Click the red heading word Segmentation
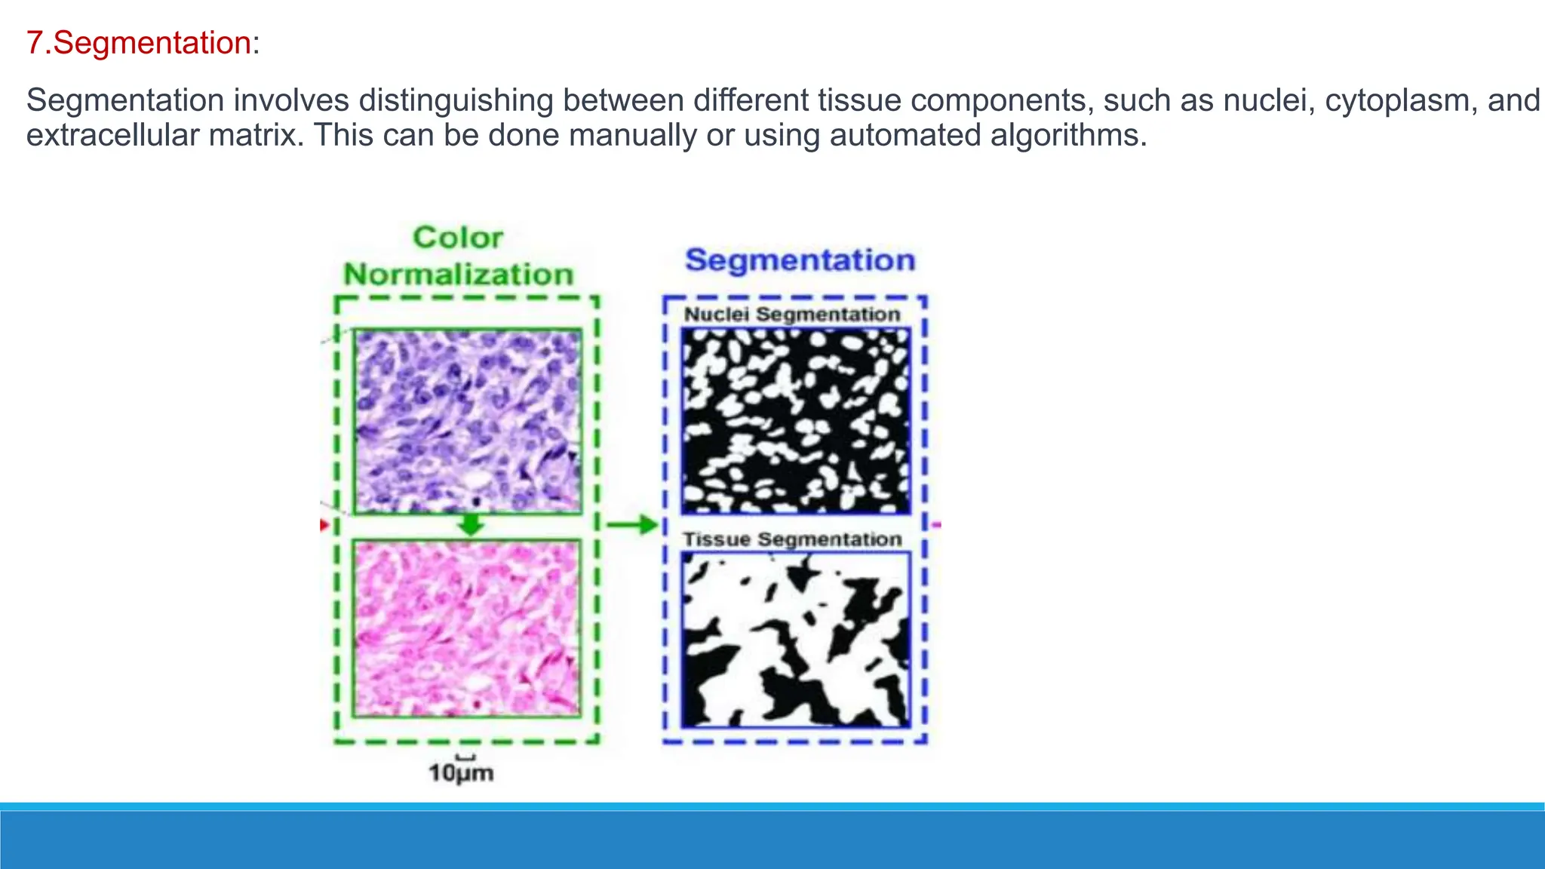152,43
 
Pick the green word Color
458,238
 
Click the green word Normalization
459,275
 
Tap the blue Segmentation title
800,260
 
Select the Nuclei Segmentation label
792,315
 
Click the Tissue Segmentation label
792,539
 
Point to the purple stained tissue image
468,421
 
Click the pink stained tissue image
468,628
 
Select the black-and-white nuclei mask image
796,421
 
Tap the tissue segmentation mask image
796,640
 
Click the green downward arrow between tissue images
471,524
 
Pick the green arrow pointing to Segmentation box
632,524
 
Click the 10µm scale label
461,773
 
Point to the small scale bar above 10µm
466,757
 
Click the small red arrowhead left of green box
324,524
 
